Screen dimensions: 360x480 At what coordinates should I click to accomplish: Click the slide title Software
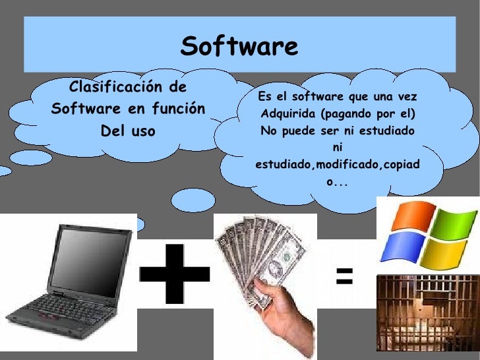point(239,47)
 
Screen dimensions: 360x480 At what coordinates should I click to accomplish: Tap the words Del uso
point(127,131)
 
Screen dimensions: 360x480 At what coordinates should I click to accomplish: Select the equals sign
point(344,276)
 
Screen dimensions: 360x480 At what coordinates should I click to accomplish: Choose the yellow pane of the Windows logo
point(442,254)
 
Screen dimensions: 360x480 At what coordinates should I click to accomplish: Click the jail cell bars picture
point(427,313)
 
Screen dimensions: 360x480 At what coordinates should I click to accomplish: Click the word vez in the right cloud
point(408,97)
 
